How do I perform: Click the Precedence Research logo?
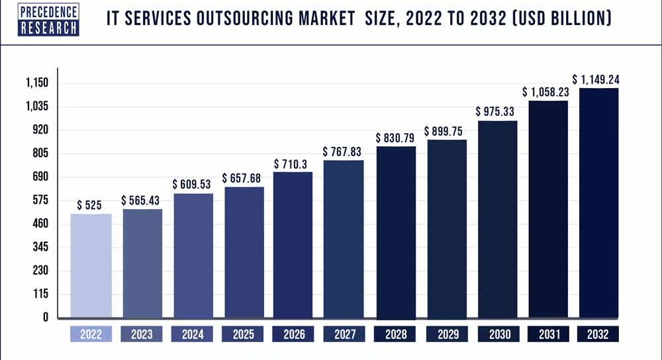[40, 20]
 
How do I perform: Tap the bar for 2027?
[343, 239]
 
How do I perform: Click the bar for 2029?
[446, 229]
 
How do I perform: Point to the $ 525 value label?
[89, 205]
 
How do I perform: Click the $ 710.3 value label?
[293, 163]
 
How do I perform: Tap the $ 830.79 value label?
[396, 138]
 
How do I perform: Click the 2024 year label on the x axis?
[192, 335]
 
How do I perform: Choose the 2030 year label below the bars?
[497, 335]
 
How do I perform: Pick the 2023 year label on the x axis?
[142, 335]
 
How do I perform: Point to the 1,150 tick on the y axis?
[37, 83]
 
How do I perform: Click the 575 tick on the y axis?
[40, 201]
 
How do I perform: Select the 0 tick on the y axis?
[46, 318]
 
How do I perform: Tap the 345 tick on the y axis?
[40, 247]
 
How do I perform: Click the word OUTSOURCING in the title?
[271, 19]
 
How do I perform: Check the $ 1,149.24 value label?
[599, 80]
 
